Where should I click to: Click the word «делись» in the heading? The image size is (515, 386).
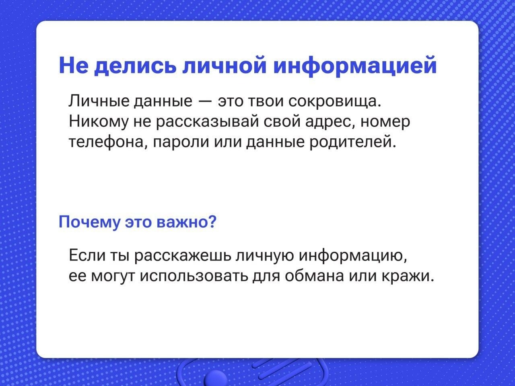(x=134, y=66)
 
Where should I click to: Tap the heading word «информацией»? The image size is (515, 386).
(x=355, y=66)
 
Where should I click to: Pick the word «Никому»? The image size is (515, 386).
(x=99, y=122)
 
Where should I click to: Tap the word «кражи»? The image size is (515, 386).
(x=408, y=276)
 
